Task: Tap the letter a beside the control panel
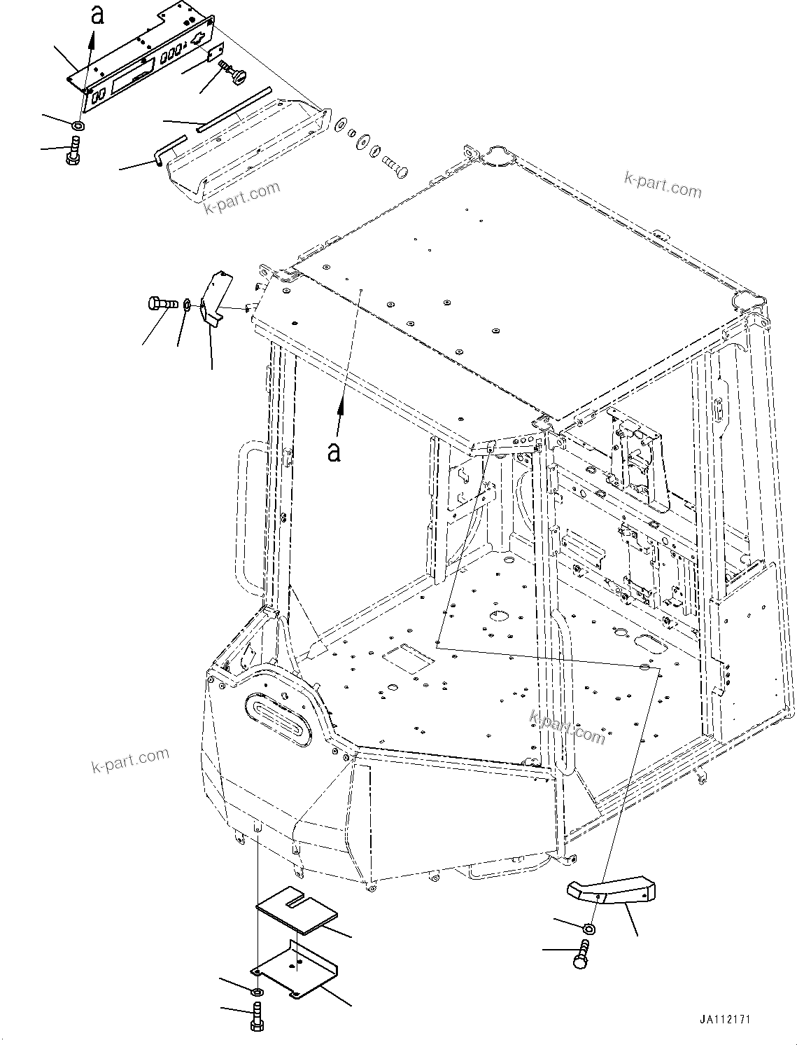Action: pos(98,14)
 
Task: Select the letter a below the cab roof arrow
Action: pos(334,451)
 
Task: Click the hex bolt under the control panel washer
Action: pos(72,151)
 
